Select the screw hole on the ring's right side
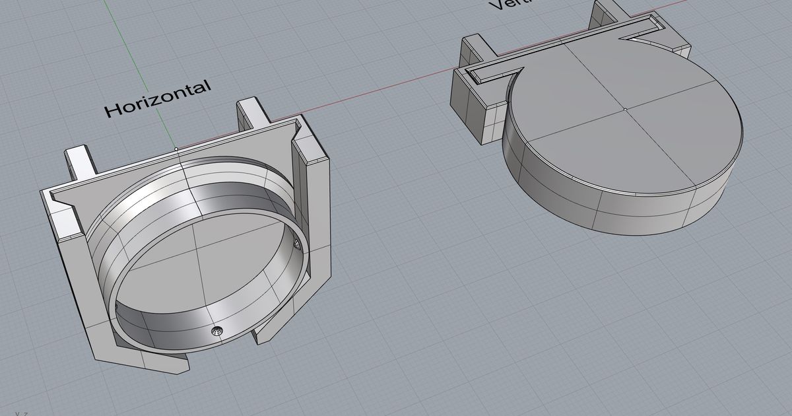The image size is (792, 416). [x=296, y=245]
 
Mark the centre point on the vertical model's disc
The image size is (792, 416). [x=624, y=108]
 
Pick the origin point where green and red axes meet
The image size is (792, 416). [x=176, y=148]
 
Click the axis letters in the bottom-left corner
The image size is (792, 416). [x=21, y=413]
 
